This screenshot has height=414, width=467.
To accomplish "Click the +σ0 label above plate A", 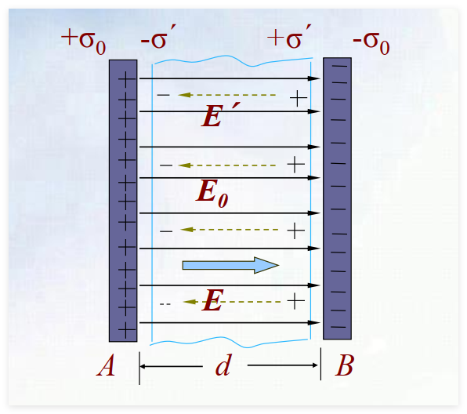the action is (83, 41).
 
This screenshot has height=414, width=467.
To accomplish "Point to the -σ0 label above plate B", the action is (371, 42).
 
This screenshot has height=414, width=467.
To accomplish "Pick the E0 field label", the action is (212, 194).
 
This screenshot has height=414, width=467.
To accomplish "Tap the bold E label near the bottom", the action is (212, 300).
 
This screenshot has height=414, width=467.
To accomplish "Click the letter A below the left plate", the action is (106, 365).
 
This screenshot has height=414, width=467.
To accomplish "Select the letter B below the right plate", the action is (345, 365).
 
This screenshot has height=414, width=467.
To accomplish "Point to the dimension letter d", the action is (223, 365).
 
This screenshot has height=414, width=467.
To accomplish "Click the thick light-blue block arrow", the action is (230, 265).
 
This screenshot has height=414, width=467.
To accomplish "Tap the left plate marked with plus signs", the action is (123, 201).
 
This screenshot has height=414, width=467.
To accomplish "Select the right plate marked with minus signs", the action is (338, 198).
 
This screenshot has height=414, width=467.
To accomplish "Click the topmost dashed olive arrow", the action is (227, 95).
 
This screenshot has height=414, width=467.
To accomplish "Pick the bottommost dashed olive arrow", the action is (232, 302).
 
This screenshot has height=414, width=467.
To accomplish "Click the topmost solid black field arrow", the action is (230, 78).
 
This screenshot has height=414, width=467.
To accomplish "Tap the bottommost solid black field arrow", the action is (230, 322).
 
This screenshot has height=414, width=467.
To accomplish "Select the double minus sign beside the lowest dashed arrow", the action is (165, 304).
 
